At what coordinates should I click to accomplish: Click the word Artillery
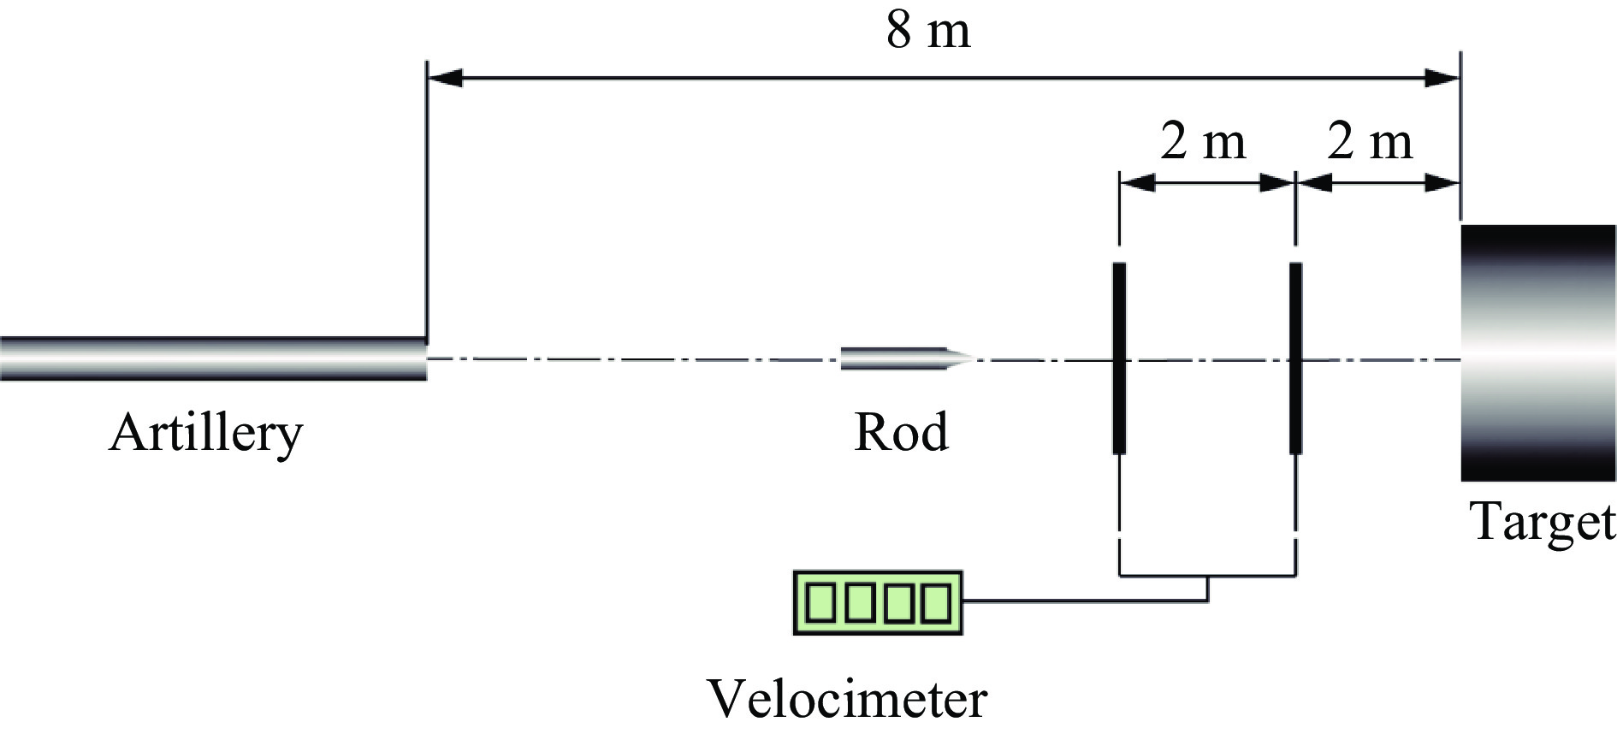click(x=205, y=434)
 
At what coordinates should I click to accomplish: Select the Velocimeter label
click(x=846, y=699)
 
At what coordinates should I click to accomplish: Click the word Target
click(x=1543, y=521)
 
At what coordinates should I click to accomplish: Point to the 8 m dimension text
click(x=928, y=32)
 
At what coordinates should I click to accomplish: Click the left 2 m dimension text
click(x=1202, y=141)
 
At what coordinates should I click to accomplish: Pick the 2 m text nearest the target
click(x=1369, y=141)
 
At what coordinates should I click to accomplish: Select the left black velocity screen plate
click(x=1118, y=358)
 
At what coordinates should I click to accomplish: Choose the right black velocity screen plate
click(x=1295, y=358)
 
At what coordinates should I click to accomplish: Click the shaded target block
click(x=1537, y=352)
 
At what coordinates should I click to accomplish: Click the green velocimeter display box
click(x=878, y=602)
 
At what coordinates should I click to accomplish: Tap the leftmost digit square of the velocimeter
click(x=820, y=602)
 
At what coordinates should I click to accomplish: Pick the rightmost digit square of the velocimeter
click(x=936, y=602)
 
